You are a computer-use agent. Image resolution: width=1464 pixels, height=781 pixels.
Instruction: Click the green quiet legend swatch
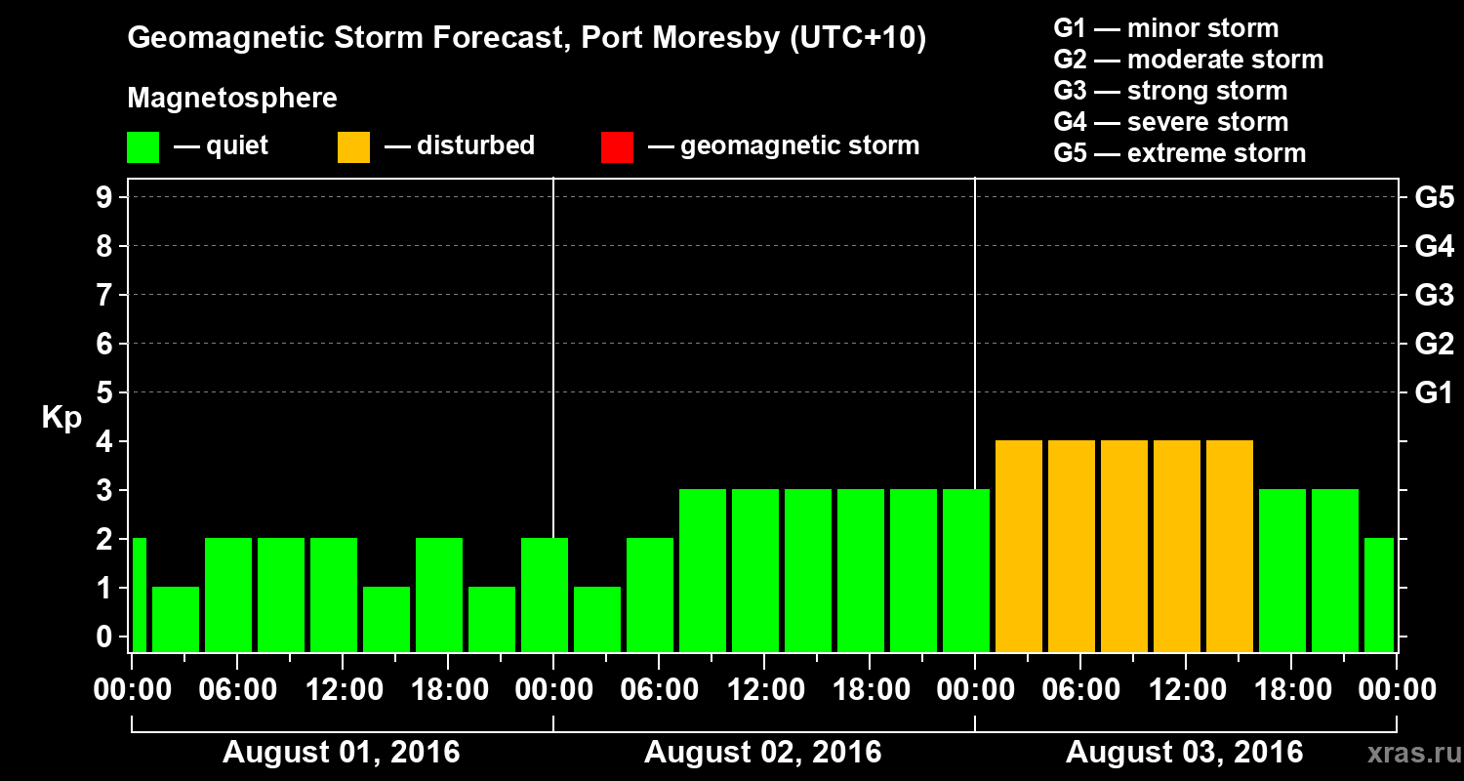142,146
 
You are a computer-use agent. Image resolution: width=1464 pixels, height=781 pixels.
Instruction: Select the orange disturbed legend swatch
353,146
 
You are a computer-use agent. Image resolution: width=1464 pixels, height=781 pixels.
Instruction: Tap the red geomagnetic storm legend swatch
617,146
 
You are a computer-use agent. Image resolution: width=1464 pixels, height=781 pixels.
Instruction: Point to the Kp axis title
61,417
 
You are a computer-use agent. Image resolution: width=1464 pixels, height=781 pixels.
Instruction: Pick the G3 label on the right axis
1434,295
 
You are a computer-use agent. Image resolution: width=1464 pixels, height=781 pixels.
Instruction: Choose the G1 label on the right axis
1434,392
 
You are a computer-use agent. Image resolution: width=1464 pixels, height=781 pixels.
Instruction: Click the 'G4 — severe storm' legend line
1170,122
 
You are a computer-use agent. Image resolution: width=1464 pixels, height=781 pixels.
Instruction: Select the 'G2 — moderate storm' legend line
1188,60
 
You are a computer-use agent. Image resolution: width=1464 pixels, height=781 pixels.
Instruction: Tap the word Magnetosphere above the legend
232,99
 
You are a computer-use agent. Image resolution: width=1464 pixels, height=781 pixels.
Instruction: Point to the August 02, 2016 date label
762,752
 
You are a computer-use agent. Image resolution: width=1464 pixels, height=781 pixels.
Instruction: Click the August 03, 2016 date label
1184,752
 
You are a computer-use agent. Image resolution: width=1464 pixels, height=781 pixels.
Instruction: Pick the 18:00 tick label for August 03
1289,689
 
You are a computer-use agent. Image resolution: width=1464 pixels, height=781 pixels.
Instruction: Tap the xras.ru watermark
1406,753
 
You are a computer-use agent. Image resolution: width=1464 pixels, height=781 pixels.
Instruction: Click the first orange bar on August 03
1019,546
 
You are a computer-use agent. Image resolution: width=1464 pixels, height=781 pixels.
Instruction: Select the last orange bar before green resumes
1230,546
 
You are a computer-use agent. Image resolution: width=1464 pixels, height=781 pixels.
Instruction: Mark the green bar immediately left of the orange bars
966,570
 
